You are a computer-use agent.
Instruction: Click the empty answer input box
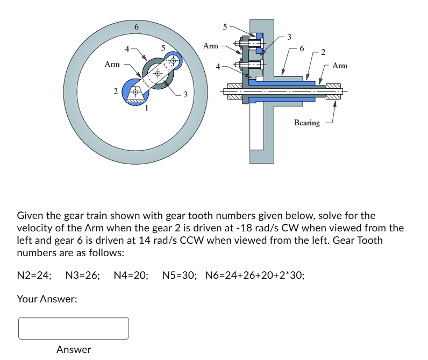[74, 328]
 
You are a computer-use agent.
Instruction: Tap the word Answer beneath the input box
[74, 350]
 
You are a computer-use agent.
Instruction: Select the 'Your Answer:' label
[47, 299]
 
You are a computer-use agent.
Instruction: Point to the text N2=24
[34, 276]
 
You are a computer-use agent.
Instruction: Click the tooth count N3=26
[82, 276]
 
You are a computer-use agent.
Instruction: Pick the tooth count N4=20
[131, 276]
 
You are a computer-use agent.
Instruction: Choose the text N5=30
[179, 276]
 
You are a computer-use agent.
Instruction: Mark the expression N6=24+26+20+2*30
[255, 276]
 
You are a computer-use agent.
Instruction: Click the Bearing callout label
[307, 123]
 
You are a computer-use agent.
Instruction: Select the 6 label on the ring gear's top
[137, 27]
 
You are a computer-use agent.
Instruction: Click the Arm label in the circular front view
[112, 65]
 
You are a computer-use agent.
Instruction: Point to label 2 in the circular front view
[115, 92]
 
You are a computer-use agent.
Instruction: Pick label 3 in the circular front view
[185, 95]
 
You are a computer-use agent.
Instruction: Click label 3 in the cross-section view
[289, 37]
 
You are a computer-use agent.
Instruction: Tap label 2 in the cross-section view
[323, 52]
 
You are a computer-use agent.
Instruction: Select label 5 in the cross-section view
[225, 25]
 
